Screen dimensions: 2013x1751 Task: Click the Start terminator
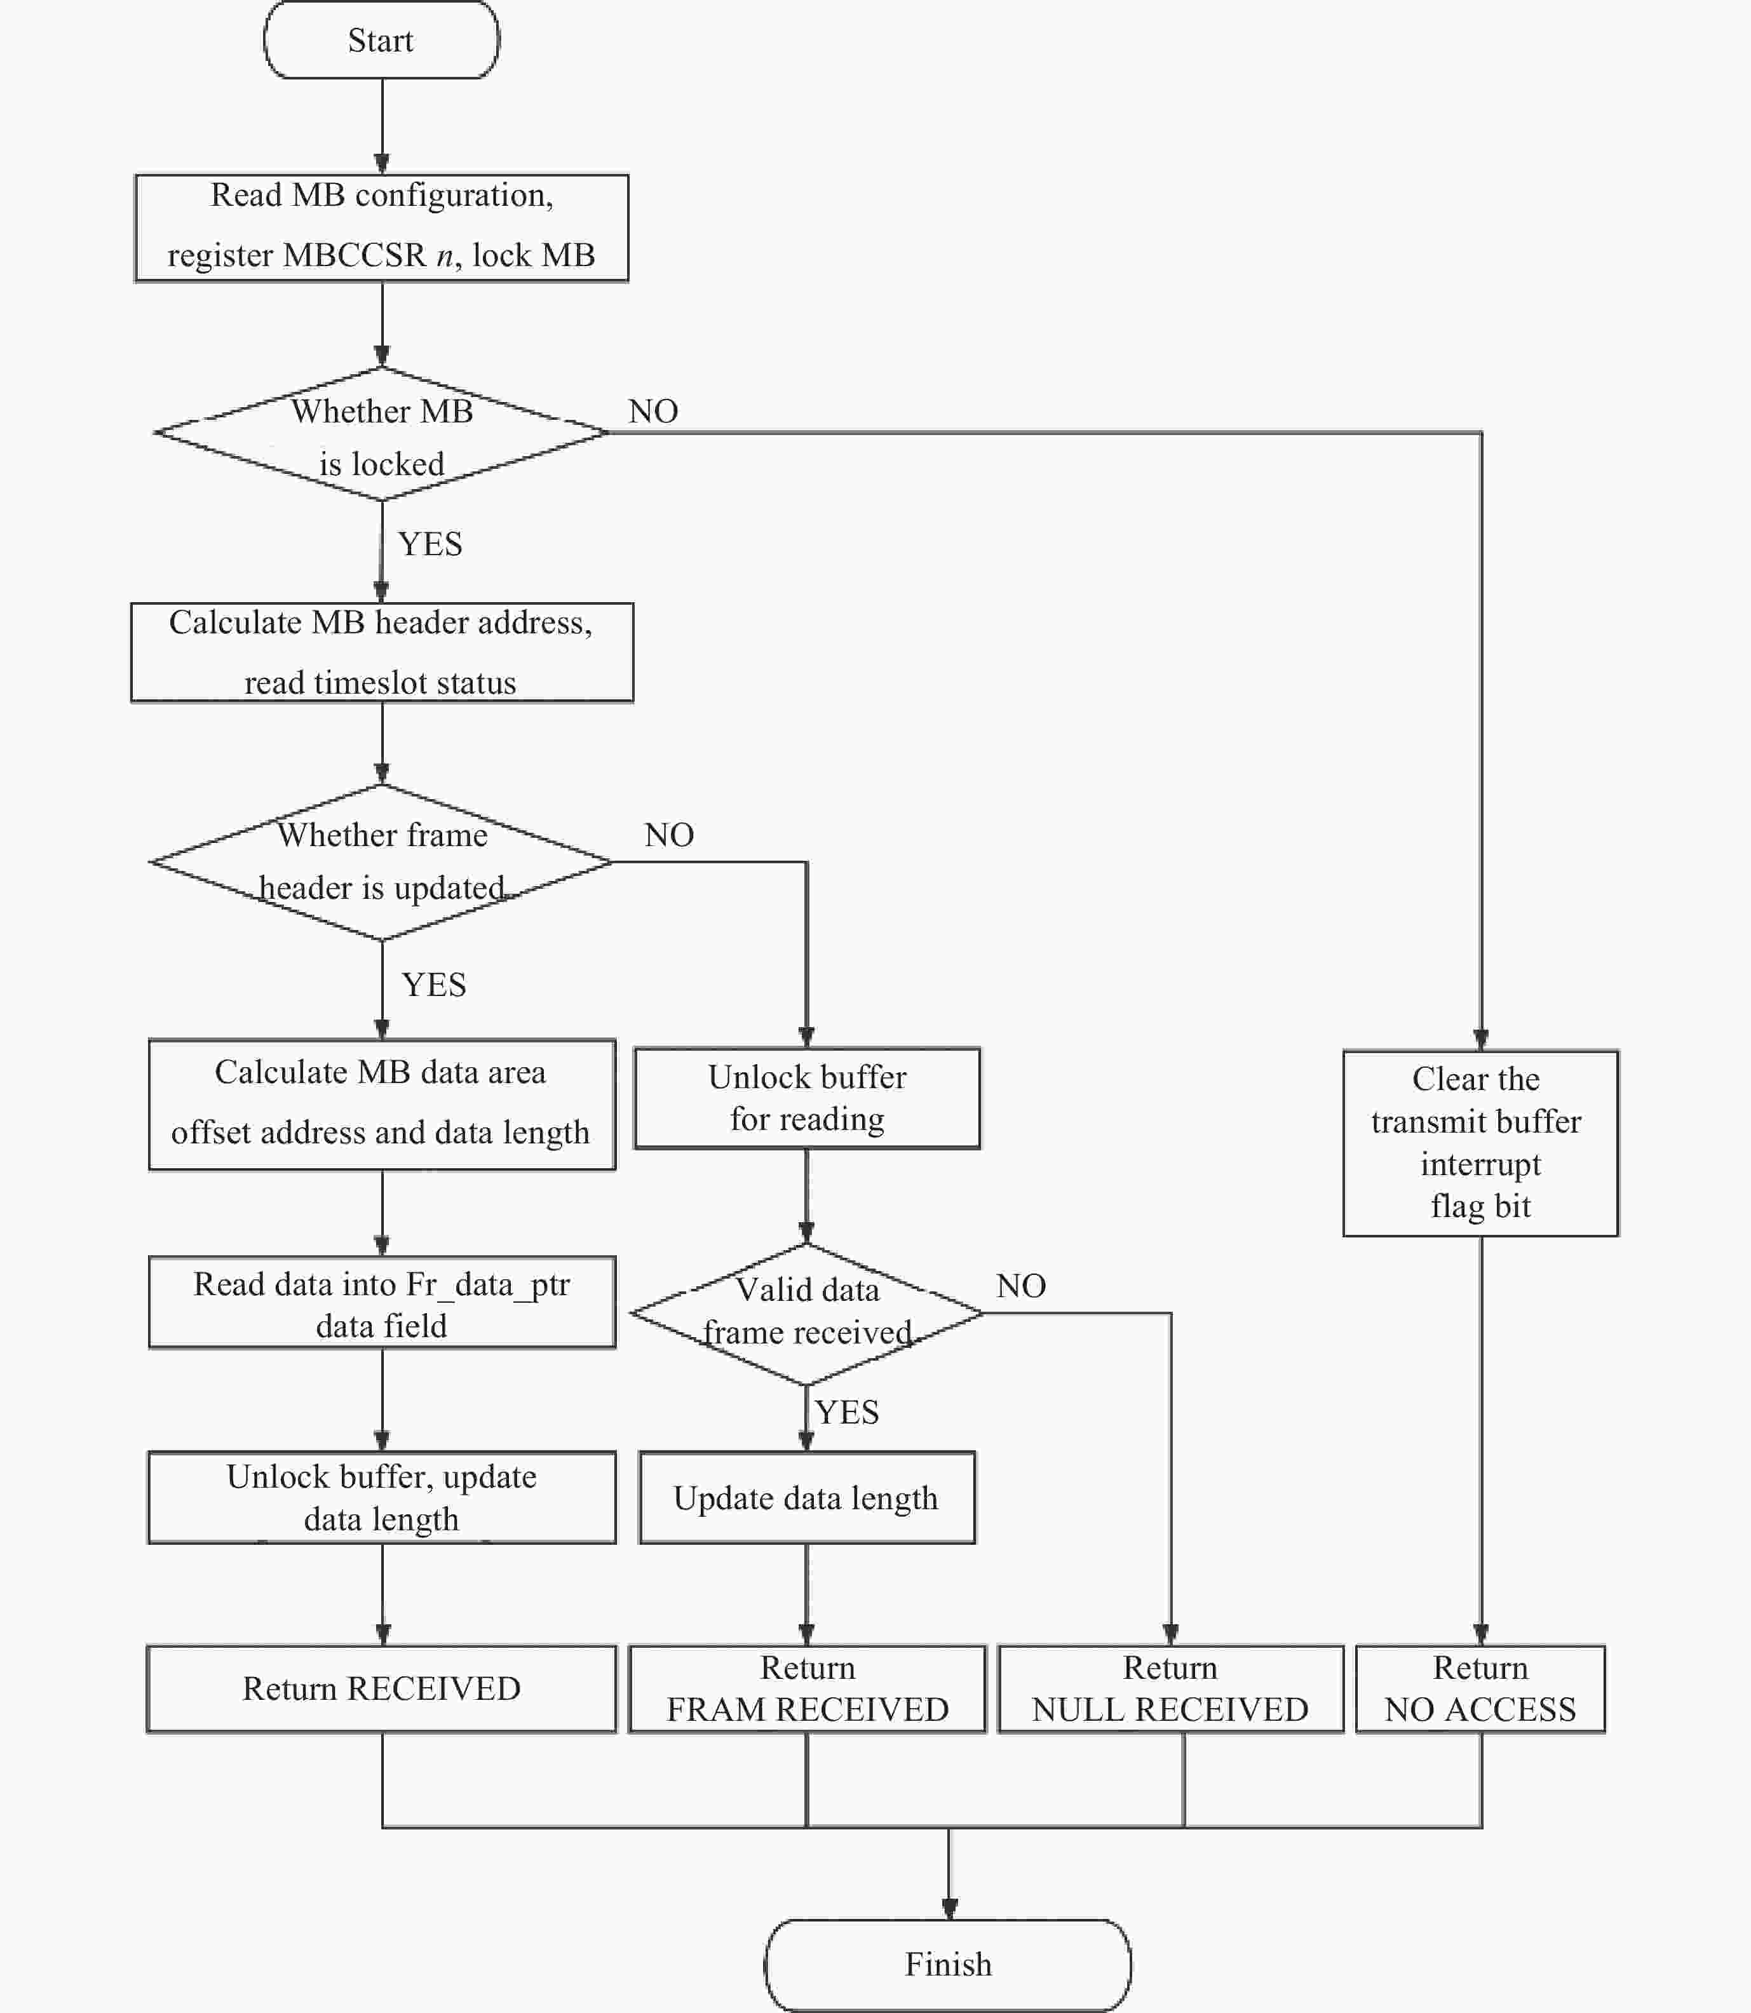381,40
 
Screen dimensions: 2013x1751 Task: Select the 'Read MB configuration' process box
381,227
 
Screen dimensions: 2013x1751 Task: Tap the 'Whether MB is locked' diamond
381,434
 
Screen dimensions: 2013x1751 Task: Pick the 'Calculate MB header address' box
381,652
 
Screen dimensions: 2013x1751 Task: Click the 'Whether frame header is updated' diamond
381,861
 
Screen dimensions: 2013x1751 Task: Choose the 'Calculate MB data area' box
381,1103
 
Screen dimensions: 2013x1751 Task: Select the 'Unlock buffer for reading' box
806,1098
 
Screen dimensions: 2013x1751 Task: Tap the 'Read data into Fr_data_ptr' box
381,1303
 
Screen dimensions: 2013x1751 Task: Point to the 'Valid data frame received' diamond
806,1313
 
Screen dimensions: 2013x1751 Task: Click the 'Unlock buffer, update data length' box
381,1497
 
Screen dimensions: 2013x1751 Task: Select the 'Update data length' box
806,1497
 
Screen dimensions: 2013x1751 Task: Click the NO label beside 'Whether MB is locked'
652,411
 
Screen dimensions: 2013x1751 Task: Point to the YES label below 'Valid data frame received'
846,1412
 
